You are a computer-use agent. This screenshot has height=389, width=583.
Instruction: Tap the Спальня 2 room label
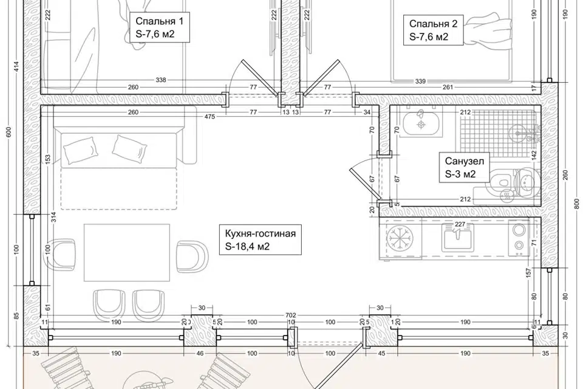pyautogui.click(x=433, y=30)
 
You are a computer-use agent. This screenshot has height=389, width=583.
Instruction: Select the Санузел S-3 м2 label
pyautogui.click(x=465, y=167)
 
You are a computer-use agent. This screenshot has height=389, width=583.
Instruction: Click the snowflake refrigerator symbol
pyautogui.click(x=400, y=238)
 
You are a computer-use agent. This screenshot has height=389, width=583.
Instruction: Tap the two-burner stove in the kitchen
pyautogui.click(x=519, y=237)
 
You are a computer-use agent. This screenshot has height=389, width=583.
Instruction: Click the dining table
pyautogui.click(x=127, y=252)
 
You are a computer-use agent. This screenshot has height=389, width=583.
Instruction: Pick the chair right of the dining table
pyautogui.click(x=192, y=256)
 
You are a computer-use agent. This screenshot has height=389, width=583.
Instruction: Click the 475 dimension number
pyautogui.click(x=210, y=117)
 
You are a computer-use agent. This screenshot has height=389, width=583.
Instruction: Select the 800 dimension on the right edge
pyautogui.click(x=576, y=204)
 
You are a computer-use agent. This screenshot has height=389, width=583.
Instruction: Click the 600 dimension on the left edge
pyautogui.click(x=9, y=132)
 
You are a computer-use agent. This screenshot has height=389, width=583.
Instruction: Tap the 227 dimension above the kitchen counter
pyautogui.click(x=460, y=224)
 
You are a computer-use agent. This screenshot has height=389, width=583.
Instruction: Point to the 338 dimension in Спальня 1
pyautogui.click(x=161, y=80)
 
